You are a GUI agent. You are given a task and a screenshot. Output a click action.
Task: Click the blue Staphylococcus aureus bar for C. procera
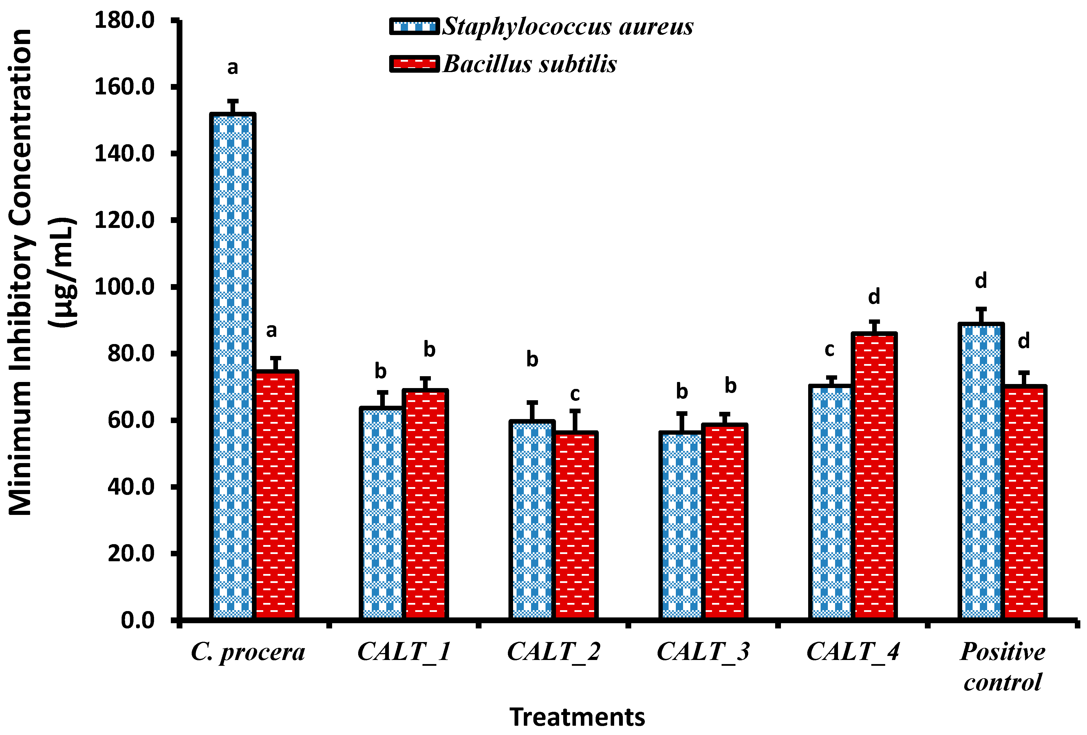click(233, 365)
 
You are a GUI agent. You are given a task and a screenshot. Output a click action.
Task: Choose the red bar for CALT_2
click(575, 524)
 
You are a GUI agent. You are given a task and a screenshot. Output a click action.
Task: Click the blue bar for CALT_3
click(682, 524)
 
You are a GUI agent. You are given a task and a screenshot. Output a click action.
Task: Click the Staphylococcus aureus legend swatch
click(414, 26)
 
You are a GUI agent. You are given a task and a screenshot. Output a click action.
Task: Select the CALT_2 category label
click(553, 651)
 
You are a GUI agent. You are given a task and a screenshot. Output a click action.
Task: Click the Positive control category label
click(1002, 666)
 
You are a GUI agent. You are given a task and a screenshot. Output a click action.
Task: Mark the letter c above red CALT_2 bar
click(575, 394)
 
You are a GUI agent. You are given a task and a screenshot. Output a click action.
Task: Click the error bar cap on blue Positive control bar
click(981, 309)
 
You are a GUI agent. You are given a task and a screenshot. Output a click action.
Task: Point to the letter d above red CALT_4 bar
click(874, 296)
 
